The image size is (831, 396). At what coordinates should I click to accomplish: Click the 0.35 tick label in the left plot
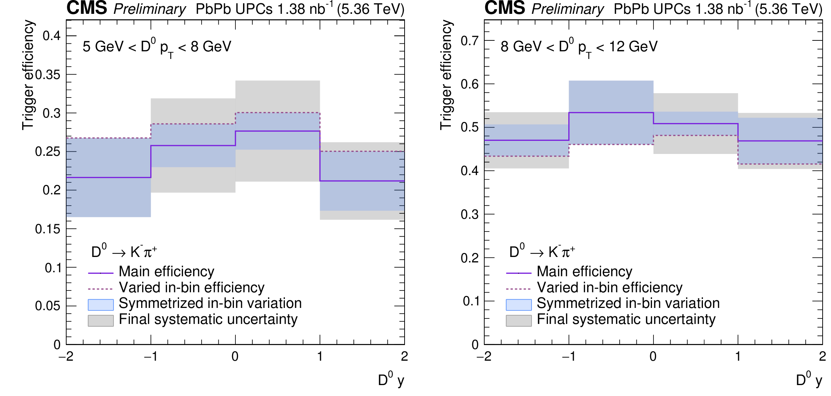pos(48,75)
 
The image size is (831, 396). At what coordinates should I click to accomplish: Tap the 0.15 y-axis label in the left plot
pos(48,229)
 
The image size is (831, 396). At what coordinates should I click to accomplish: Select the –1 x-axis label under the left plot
pos(150,356)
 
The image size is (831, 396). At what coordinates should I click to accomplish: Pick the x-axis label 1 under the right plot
pos(738,356)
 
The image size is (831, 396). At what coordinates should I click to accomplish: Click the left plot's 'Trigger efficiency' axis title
pos(28,75)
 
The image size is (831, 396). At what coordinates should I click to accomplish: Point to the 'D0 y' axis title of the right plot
pos(809,380)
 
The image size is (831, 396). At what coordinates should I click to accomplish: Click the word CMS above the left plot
pos(87,8)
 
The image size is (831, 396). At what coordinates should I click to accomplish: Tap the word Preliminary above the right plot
pos(568,9)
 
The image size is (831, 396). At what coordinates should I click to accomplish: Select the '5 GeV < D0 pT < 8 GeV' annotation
pos(156,47)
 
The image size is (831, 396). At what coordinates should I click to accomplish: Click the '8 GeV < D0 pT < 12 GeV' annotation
pos(579,47)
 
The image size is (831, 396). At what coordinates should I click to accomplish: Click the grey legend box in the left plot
pos(101,321)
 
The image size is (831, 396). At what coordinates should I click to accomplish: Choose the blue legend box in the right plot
pos(518,305)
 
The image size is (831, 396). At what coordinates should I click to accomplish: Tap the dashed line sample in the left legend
pos(101,289)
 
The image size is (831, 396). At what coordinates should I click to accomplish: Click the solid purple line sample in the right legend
pos(518,273)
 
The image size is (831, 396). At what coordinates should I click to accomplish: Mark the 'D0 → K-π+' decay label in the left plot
pos(124,252)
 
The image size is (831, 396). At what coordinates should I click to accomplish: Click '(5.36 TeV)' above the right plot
pos(788,9)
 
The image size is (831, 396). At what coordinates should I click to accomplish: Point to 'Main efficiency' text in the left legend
pos(166,272)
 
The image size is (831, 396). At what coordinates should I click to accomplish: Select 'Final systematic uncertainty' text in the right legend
pos(626,319)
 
